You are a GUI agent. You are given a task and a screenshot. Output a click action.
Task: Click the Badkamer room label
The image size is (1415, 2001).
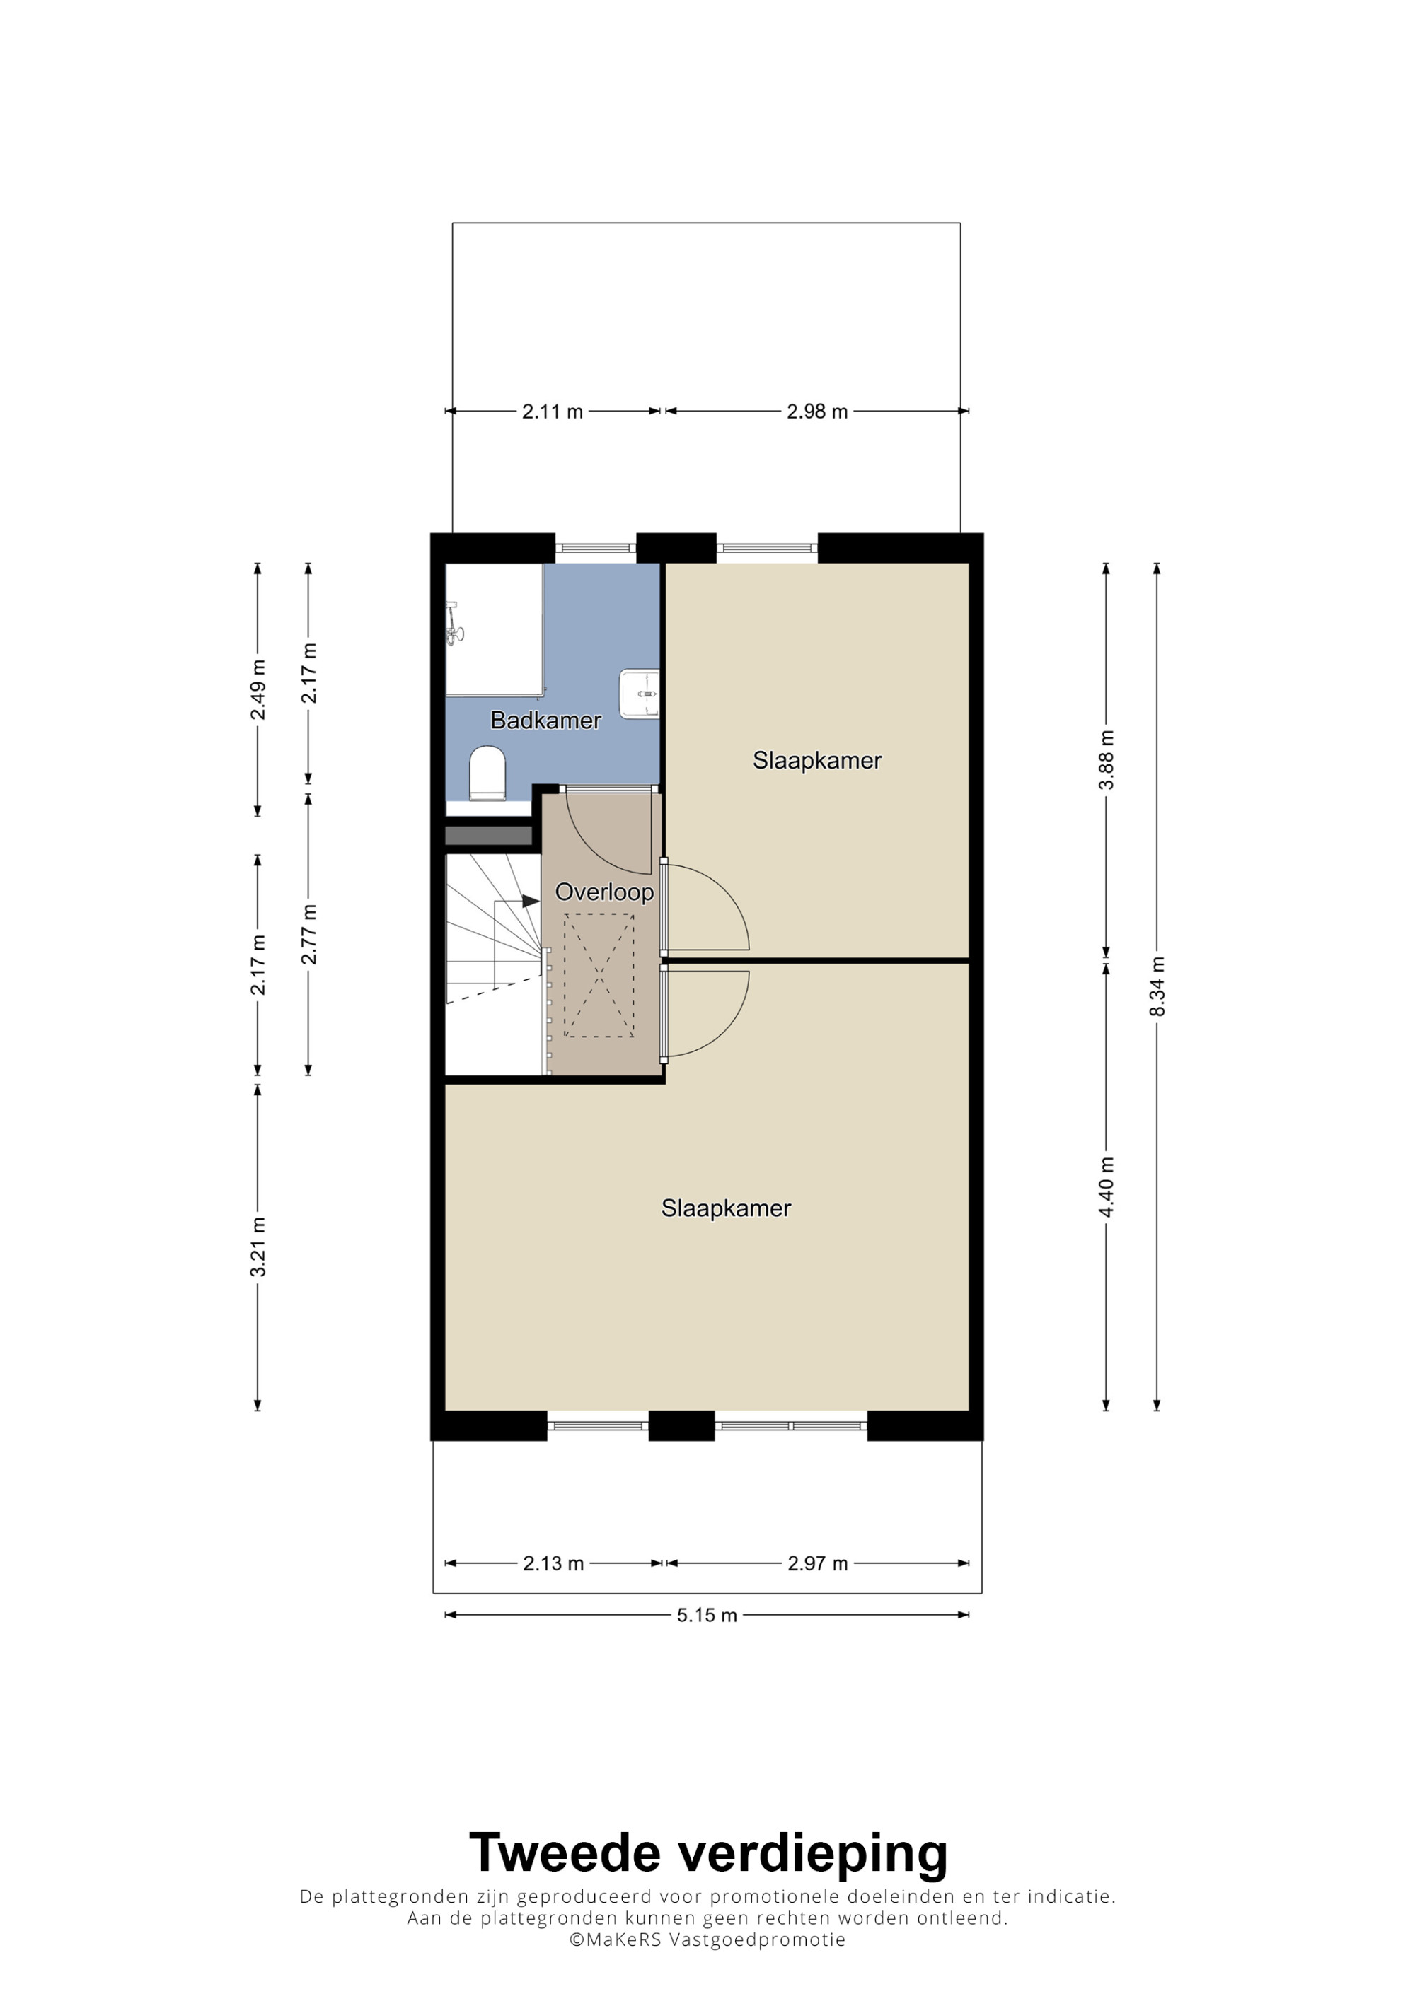[x=545, y=720]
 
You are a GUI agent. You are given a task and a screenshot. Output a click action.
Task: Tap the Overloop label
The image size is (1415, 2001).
[x=604, y=892]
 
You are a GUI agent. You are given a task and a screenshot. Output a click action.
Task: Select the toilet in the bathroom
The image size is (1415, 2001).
[x=487, y=772]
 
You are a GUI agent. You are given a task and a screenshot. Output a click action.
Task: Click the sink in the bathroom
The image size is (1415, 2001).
[x=640, y=694]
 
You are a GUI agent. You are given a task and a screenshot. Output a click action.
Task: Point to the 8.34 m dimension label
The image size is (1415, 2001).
[x=1157, y=986]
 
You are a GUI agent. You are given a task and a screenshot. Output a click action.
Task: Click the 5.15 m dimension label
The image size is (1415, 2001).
[x=707, y=1615]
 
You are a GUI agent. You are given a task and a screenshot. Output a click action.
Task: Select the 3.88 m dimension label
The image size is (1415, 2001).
[x=1107, y=760]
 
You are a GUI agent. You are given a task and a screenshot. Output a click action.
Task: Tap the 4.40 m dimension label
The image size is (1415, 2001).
[x=1107, y=1187]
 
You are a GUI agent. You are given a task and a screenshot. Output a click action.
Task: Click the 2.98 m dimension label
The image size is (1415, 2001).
[x=817, y=412]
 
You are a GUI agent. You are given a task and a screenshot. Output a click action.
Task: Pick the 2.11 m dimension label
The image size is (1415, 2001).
[x=552, y=412]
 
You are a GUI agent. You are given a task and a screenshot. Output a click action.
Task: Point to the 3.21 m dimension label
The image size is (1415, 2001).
[x=258, y=1247]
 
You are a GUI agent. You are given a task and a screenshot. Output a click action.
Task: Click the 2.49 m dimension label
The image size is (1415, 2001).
[x=258, y=689]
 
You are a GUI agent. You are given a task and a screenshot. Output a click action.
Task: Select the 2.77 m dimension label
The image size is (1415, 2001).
[x=308, y=934]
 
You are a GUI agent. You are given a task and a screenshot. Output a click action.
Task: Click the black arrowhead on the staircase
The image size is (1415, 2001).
[x=530, y=901]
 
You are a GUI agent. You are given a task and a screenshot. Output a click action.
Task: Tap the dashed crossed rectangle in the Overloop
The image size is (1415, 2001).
[x=599, y=975]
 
